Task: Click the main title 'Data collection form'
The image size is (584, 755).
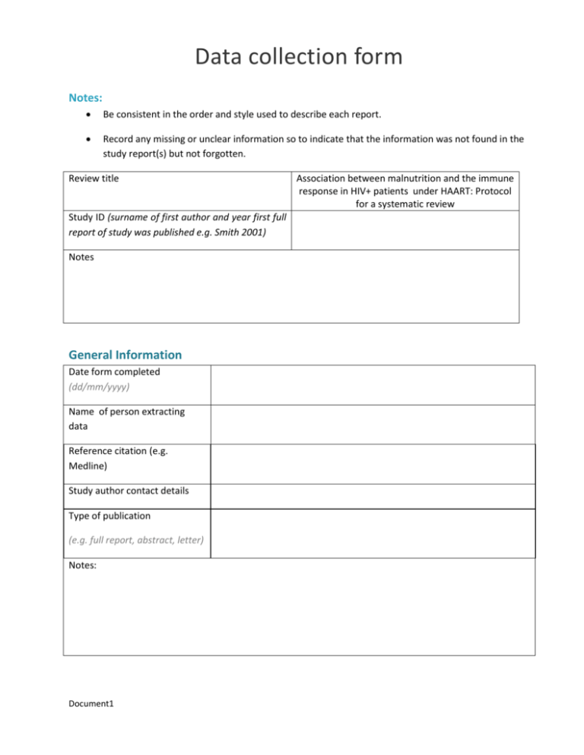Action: (x=292, y=56)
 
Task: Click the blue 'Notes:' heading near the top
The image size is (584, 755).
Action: (x=86, y=98)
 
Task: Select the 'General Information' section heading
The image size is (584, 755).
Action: (x=125, y=355)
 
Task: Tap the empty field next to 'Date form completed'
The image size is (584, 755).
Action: (x=373, y=384)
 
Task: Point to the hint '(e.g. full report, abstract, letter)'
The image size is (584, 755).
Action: (x=135, y=540)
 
